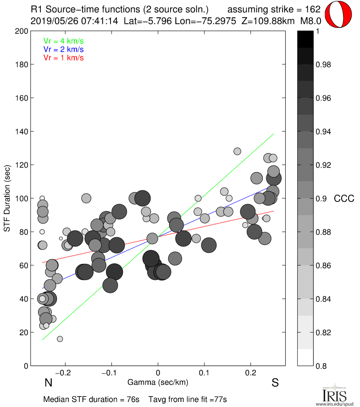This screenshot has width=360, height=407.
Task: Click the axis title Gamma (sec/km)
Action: (158, 382)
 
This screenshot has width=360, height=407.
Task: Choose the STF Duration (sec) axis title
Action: (8, 198)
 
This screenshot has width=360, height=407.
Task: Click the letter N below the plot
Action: (47, 383)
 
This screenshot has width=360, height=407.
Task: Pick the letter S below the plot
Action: (275, 383)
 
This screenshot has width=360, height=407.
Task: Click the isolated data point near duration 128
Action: (237, 151)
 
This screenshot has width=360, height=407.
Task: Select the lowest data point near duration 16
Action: (60, 339)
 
